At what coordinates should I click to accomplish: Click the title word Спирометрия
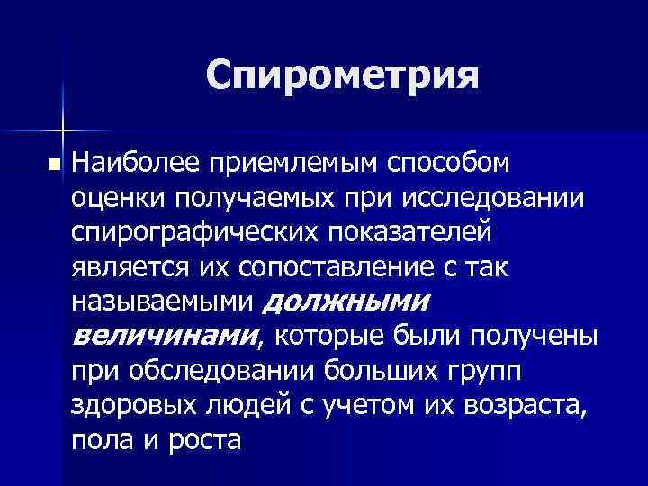pos(342,76)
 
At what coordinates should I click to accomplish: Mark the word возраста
pos(526,407)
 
